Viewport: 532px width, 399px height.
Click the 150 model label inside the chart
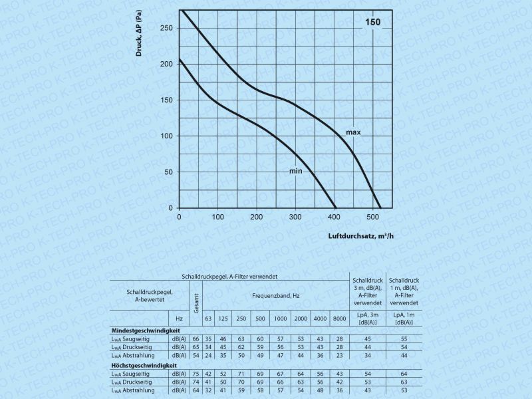click(373, 22)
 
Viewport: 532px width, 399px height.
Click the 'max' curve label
click(353, 133)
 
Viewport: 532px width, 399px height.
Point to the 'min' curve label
click(295, 172)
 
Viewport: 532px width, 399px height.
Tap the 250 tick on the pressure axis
click(166, 28)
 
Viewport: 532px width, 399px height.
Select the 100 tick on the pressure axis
click(166, 136)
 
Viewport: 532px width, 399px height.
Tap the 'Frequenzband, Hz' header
click(275, 295)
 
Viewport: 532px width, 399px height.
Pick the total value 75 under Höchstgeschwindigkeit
click(196, 374)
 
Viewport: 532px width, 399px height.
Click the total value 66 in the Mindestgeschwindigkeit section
click(196, 339)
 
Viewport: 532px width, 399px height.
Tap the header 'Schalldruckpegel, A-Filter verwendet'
click(229, 275)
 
